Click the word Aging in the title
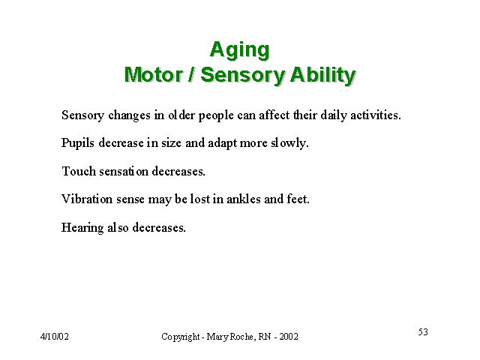240,50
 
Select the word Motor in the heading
153,75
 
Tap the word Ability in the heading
322,75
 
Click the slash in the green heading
191,75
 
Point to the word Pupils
78,143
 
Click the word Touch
79,171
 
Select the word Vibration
87,199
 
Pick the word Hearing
82,228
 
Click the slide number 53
423,331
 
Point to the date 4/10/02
55,337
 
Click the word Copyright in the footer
181,337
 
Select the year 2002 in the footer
289,337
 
